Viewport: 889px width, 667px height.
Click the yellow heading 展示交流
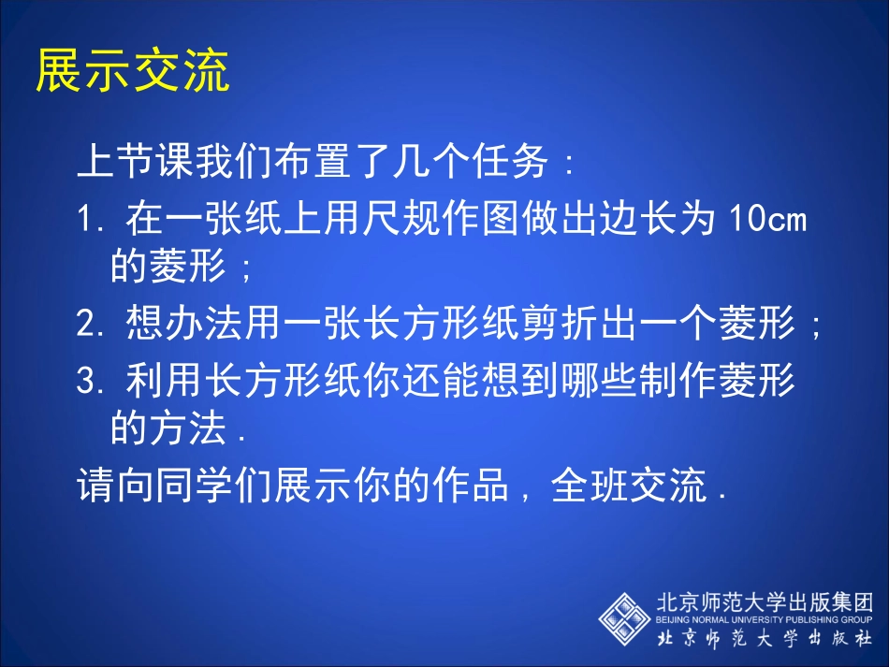point(132,71)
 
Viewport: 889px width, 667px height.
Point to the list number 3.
point(88,379)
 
